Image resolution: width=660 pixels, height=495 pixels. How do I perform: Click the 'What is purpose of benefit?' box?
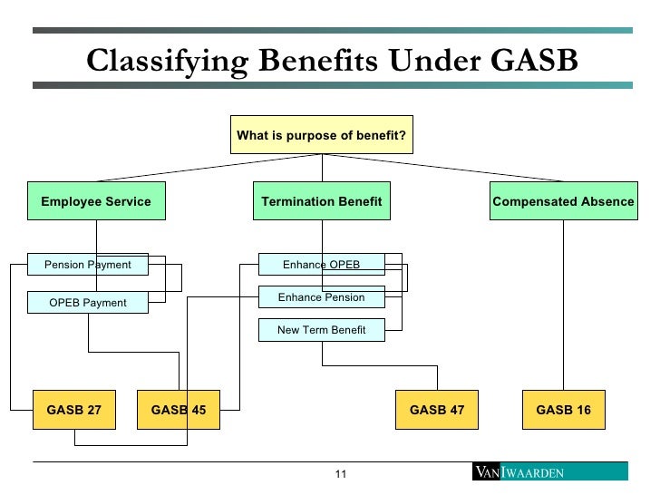[x=322, y=135]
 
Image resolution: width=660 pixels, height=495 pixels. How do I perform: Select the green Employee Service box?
[x=96, y=201]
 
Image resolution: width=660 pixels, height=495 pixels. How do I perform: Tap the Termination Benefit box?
[x=322, y=201]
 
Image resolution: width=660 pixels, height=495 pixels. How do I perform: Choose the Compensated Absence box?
[x=563, y=201]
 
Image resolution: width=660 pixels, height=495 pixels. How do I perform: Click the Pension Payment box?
[x=87, y=265]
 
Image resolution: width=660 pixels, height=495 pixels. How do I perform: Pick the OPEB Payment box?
[x=87, y=302]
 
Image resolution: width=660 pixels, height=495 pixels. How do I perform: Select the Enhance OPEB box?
[x=321, y=265]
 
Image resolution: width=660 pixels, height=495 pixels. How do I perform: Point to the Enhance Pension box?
[x=321, y=297]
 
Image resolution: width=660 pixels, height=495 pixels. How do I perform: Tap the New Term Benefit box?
[x=321, y=330]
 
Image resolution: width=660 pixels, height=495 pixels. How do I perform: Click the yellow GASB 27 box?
[x=74, y=410]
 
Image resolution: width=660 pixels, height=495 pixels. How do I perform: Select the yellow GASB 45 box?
[x=179, y=410]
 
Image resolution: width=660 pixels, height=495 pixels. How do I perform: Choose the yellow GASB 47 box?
[x=437, y=410]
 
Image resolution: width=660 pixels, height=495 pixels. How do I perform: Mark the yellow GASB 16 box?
[x=563, y=410]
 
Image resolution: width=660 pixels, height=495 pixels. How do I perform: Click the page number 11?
[x=342, y=474]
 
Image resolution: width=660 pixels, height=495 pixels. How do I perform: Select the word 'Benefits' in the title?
[x=313, y=61]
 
